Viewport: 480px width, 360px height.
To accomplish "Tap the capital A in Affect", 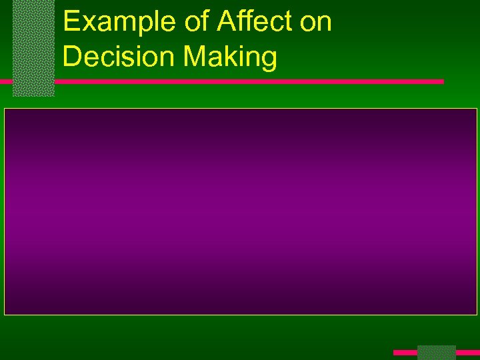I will (x=226, y=22).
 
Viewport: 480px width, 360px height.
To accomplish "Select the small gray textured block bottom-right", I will (x=436, y=352).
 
